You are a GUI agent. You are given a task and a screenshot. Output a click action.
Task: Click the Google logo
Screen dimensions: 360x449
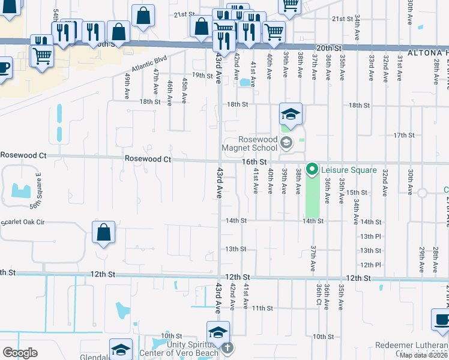[20, 353]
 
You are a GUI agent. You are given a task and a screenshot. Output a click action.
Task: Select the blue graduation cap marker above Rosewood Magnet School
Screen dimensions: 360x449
[290, 114]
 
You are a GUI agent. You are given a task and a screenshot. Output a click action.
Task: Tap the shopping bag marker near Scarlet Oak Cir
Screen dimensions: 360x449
[103, 232]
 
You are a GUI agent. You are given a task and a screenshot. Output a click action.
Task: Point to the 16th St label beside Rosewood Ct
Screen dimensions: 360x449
[254, 162]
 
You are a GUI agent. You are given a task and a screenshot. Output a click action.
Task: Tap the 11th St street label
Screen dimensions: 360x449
[262, 308]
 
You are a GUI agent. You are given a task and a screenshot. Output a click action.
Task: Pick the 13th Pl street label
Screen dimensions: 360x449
[370, 236]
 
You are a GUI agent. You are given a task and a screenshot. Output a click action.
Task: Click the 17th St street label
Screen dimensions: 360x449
[403, 136]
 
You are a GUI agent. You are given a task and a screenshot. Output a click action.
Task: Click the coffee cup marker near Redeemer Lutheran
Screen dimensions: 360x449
[441, 320]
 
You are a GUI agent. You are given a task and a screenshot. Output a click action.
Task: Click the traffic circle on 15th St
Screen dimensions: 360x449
[422, 193]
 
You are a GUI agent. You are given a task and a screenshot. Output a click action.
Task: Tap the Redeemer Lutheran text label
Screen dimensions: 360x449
[411, 346]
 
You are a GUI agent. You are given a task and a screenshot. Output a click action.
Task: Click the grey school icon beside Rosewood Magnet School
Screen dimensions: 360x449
[286, 142]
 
